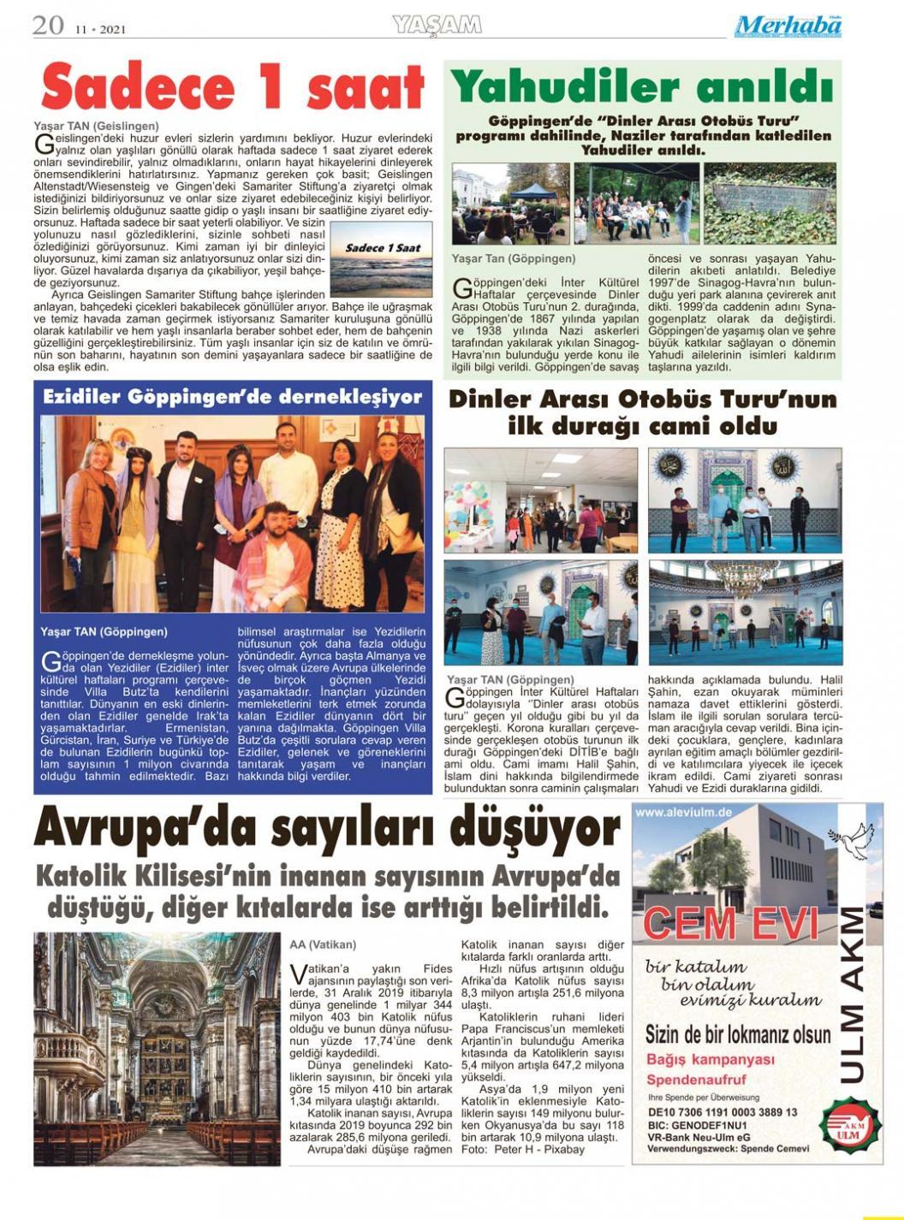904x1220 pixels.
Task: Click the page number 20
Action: click(48, 26)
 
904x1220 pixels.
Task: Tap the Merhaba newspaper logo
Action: click(787, 27)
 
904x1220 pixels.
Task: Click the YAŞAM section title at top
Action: click(437, 26)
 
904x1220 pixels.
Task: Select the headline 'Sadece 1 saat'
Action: click(232, 88)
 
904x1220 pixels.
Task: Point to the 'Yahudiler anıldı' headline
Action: click(642, 86)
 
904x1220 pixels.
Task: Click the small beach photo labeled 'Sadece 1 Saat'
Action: click(381, 259)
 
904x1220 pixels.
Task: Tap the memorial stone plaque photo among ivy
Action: click(770, 203)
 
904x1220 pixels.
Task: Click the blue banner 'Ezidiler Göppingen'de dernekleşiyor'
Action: click(232, 397)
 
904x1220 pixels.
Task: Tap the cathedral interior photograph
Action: click(157, 1048)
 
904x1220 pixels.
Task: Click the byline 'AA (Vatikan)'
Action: click(323, 945)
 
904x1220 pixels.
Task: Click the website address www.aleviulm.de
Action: click(684, 813)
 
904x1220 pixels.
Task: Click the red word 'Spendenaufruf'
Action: click(696, 1080)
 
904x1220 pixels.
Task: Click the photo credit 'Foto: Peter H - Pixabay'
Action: click(522, 1149)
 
